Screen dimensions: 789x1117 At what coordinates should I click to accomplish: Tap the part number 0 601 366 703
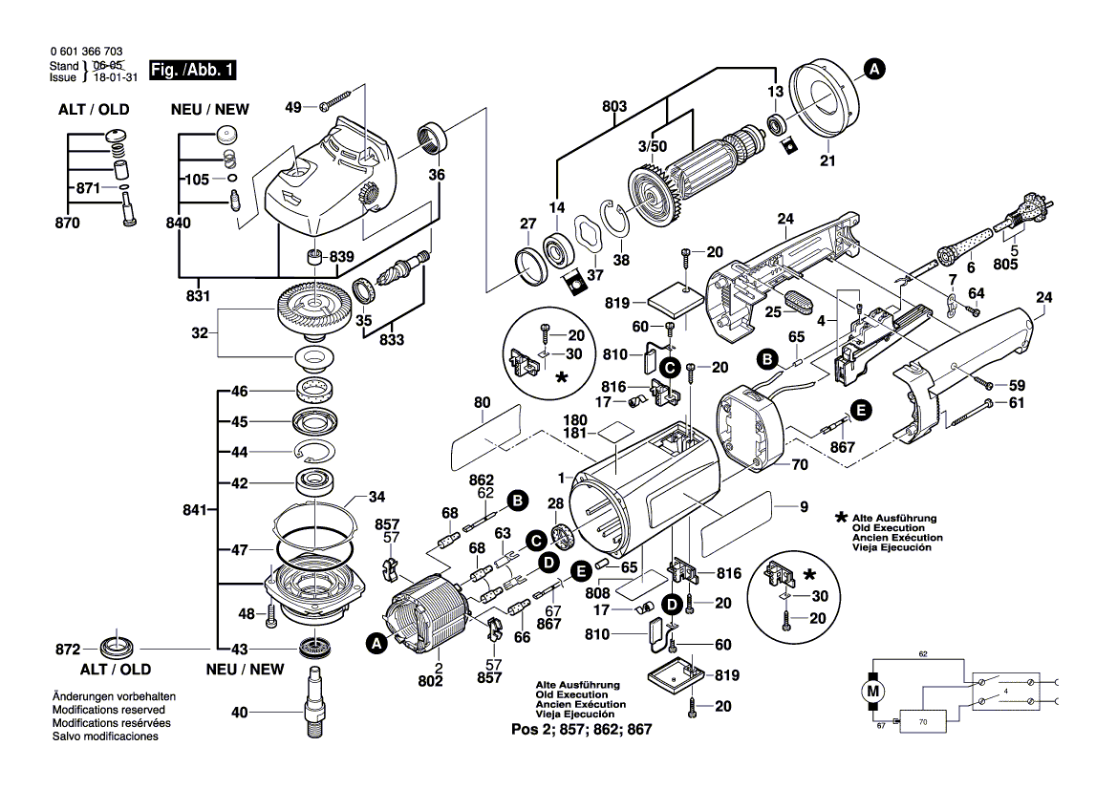(85, 53)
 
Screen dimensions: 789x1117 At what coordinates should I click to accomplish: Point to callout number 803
(614, 109)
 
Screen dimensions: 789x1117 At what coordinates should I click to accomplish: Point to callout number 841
(194, 512)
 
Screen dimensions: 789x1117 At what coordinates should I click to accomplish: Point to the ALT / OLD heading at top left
(94, 109)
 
